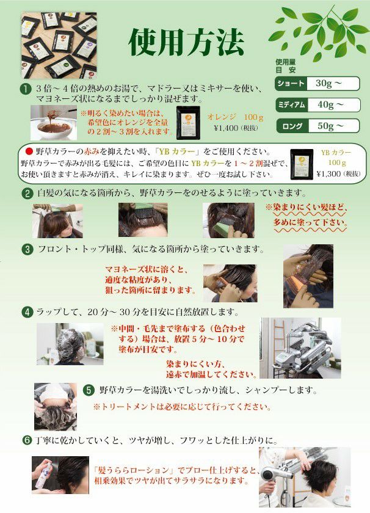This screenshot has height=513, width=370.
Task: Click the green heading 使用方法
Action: point(186,43)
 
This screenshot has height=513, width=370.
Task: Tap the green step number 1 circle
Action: point(24,89)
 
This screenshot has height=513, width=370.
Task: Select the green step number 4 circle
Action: point(27,312)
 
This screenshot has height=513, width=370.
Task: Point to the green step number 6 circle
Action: point(27,440)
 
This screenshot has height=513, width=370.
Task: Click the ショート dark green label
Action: point(291,84)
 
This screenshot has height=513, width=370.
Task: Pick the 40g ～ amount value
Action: point(330,104)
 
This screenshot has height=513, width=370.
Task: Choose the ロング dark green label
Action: point(292,126)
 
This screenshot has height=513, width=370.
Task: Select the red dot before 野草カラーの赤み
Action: point(29,151)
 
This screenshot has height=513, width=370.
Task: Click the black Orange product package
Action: point(188,122)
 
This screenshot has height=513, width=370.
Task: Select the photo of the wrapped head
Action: point(70,344)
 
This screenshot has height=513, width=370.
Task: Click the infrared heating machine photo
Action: point(300,347)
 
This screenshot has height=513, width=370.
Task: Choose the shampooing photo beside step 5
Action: point(56,406)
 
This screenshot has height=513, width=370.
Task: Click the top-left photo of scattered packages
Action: point(59,45)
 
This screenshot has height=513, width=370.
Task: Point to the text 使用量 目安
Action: point(285,66)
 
